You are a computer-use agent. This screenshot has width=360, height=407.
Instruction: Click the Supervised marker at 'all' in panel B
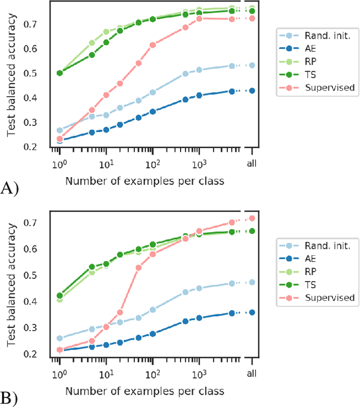point(252,218)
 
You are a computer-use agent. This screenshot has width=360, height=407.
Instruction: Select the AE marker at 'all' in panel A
point(252,91)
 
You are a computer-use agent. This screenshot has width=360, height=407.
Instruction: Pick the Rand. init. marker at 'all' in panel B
point(252,282)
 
